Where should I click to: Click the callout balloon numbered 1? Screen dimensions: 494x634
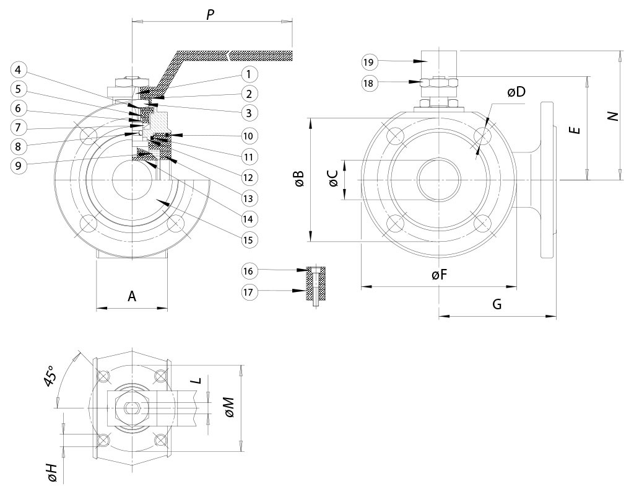pos(248,75)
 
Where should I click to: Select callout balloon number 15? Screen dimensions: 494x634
pos(248,239)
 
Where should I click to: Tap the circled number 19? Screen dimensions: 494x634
pos(368,61)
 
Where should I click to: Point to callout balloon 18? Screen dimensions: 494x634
pos(368,82)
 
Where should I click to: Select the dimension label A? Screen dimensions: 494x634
pos(132,296)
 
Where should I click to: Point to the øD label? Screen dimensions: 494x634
pos(516,92)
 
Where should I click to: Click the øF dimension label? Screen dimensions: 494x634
pos(440,276)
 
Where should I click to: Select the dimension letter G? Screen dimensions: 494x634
pos(497,304)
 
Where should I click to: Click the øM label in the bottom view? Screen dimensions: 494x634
pos(230,407)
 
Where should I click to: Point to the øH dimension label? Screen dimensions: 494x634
pos(52,472)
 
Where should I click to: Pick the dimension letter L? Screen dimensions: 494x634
pos(197,381)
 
